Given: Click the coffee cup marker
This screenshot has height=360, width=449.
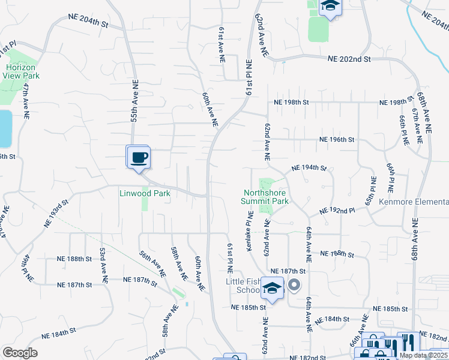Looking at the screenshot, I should (139, 158).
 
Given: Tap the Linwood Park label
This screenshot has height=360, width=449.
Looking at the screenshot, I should (145, 193).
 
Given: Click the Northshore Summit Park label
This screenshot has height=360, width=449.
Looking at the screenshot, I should (265, 197).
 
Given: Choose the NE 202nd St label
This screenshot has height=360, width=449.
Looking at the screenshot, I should (350, 59).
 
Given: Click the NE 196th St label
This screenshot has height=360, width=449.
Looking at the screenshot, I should (337, 139).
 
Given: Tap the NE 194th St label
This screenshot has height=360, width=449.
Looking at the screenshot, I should (309, 168).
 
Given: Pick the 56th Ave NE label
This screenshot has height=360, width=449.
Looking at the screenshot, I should (152, 264).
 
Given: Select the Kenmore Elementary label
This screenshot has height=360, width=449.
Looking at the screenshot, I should (414, 202).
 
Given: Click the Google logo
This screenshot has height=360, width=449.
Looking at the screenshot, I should (20, 353).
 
